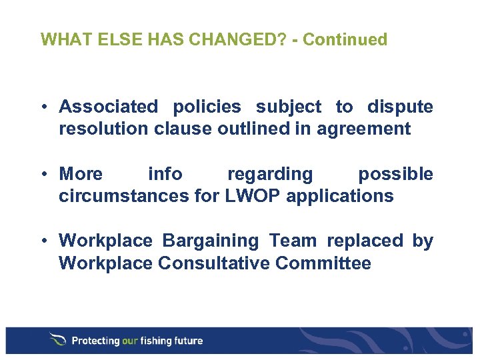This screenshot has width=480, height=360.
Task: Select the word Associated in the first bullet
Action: tap(109, 107)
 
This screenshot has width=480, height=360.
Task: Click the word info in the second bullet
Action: tap(165, 174)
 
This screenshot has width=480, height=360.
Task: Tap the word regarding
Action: tap(269, 174)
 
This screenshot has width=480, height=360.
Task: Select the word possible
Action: tap(395, 174)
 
